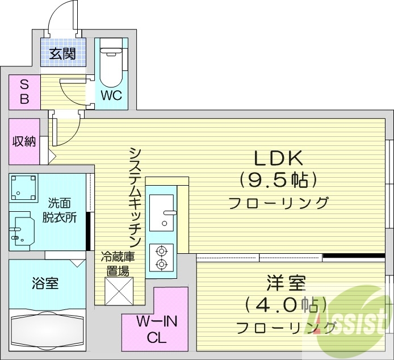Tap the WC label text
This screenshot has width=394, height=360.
point(111,95)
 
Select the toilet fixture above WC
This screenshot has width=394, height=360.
point(111,62)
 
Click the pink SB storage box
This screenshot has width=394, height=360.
point(24,92)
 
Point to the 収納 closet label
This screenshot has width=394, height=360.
point(24,141)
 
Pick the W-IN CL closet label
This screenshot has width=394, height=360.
point(154,329)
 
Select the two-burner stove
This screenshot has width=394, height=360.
point(161,257)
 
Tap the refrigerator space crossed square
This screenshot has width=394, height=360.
point(119,291)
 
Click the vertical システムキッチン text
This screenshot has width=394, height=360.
point(135,196)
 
